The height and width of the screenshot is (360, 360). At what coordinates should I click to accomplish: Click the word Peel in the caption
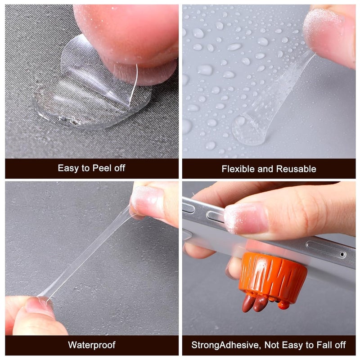coord(102,168)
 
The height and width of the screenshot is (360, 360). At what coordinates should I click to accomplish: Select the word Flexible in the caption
coord(238,169)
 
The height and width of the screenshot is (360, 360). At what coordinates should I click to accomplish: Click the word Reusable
coord(296,169)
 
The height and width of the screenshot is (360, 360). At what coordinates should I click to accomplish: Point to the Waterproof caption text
coord(92,345)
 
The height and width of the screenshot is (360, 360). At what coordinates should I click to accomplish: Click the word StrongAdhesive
coord(226,345)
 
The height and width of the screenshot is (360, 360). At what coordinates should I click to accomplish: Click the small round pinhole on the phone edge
coord(342,254)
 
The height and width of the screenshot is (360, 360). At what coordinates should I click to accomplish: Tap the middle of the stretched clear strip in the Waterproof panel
coord(87,250)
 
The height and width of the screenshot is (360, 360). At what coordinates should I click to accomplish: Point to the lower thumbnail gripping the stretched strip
coord(39,305)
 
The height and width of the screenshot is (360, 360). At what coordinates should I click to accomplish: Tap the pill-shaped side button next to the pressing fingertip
coord(215,217)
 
